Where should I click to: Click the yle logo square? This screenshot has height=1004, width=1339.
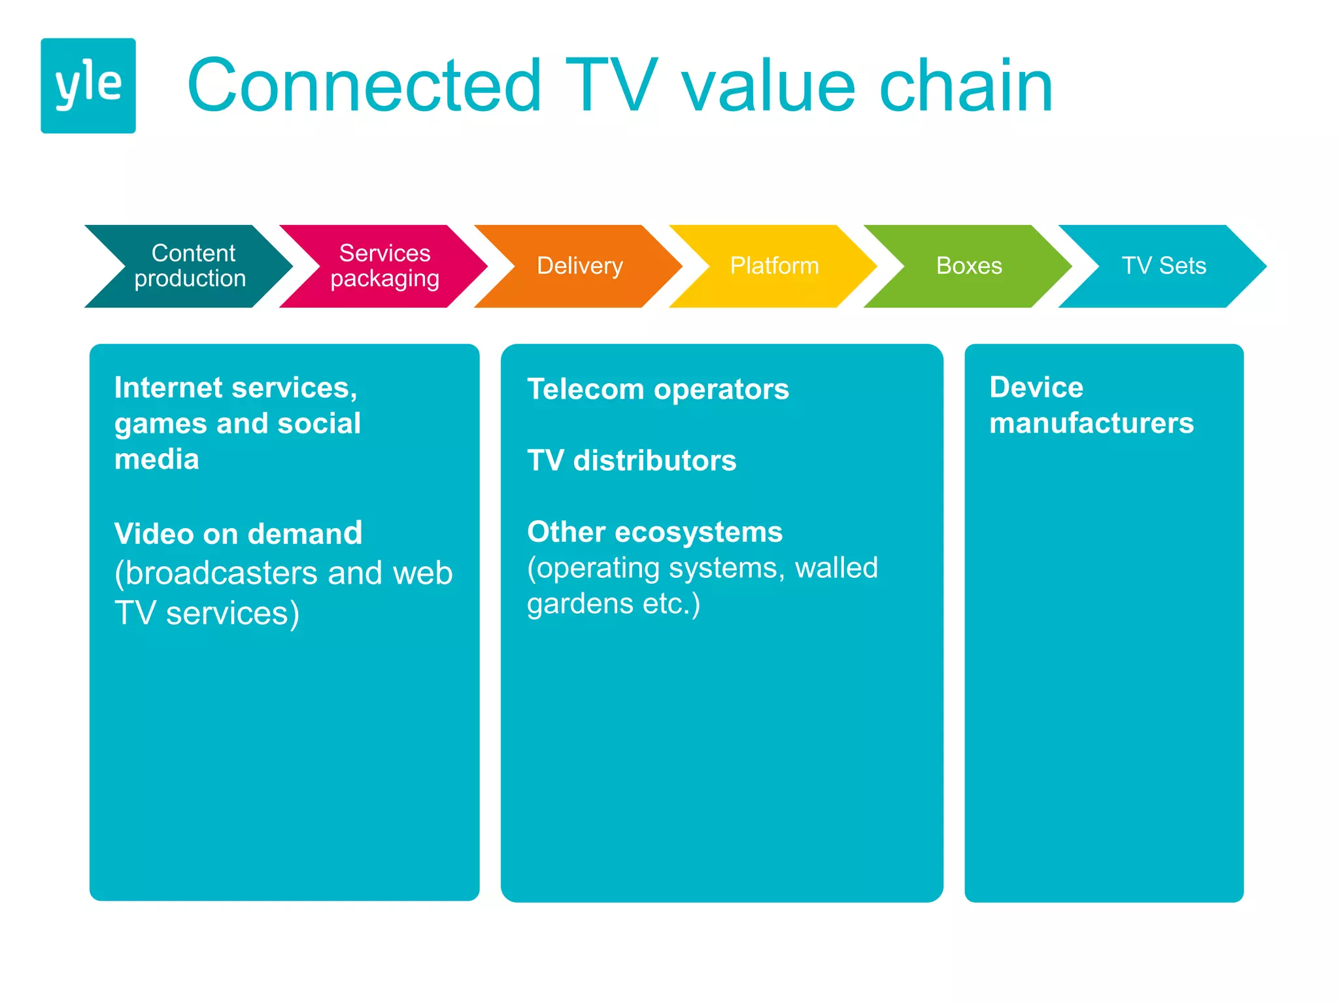click(88, 86)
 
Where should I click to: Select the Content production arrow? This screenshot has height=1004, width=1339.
click(190, 266)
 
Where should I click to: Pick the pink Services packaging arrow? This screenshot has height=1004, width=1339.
click(384, 266)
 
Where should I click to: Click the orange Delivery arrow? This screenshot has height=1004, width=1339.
click(579, 266)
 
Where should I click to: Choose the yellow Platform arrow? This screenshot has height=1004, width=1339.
click(774, 266)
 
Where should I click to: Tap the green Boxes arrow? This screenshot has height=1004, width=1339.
click(968, 266)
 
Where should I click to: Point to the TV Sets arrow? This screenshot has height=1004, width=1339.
click(1163, 266)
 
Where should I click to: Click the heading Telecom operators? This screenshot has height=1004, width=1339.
click(658, 390)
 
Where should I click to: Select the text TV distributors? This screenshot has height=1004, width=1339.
click(632, 461)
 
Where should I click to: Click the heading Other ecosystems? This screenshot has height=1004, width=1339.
click(654, 532)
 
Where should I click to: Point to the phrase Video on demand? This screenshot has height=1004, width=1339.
click(238, 534)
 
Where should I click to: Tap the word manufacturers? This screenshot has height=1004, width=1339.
click(1091, 424)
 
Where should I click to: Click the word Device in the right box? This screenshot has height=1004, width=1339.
click(1036, 388)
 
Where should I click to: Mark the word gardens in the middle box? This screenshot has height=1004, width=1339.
click(580, 604)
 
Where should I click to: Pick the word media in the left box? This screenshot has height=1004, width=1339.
click(156, 460)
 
